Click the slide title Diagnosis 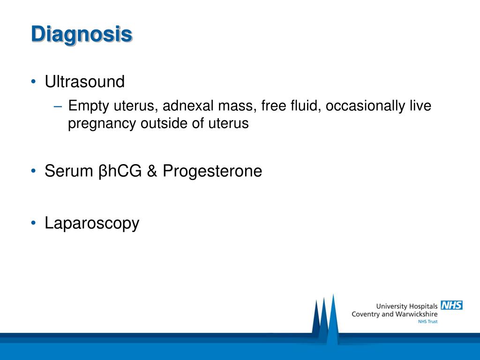[82, 35]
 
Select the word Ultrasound [84, 82]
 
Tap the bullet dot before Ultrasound [33, 82]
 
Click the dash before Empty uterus [58, 106]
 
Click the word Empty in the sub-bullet [89, 106]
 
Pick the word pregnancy [102, 124]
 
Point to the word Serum [69, 171]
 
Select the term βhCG [120, 171]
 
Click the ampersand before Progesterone [152, 171]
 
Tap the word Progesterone [212, 171]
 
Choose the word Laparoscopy [92, 224]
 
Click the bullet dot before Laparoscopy [33, 223]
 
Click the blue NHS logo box [451, 305]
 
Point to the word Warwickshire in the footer [416, 314]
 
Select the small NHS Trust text [427, 322]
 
